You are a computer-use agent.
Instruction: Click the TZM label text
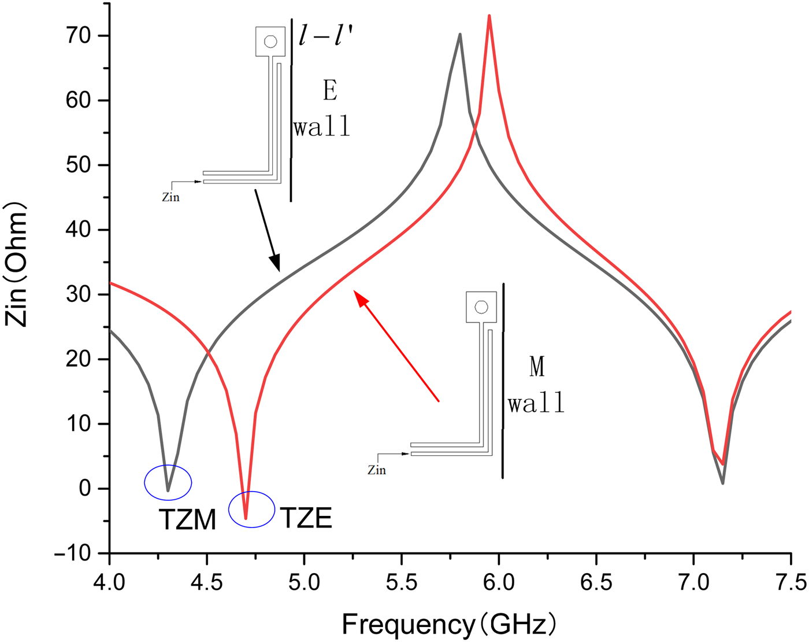pos(187,520)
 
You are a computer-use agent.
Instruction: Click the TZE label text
pos(306,518)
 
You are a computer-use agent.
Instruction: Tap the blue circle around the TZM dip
pos(168,482)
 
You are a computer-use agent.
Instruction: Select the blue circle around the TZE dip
pos(251,509)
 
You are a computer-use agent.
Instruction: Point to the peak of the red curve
pos(489,16)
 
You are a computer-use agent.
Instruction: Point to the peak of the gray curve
pos(460,35)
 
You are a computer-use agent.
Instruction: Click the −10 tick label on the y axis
pos(73,554)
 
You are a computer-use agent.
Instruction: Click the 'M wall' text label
pos(537,385)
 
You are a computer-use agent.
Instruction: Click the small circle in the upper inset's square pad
pos(270,42)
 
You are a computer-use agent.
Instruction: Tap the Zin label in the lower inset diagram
pos(377,470)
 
